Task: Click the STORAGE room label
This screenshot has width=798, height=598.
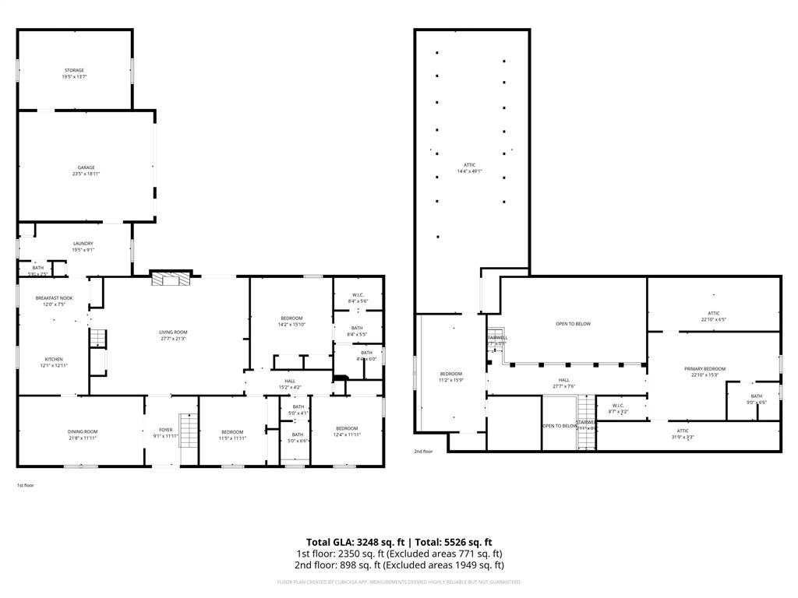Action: (74, 70)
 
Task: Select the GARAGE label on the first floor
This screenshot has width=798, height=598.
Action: (86, 167)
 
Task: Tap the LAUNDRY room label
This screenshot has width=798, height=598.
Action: (83, 244)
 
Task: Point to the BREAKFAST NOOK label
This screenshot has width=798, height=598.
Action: (55, 298)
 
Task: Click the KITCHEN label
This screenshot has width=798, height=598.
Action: (54, 359)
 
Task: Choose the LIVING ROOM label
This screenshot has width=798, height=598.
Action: (173, 332)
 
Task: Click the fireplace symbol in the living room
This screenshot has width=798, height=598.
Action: (171, 280)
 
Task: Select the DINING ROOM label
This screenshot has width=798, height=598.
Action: (82, 431)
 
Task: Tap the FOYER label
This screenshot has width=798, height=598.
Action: (166, 430)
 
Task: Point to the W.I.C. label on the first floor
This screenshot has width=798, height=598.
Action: (358, 295)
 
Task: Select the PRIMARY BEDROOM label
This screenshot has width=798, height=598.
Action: (704, 369)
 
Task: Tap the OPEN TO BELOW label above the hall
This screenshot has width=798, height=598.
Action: (573, 324)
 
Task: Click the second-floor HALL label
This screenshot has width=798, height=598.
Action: (563, 380)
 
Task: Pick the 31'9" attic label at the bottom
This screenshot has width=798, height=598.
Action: (683, 434)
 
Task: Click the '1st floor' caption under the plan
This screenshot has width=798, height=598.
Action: (26, 485)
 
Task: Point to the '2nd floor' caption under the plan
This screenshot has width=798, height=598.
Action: (423, 451)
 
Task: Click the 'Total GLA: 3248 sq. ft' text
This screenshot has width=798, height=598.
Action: (355, 542)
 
